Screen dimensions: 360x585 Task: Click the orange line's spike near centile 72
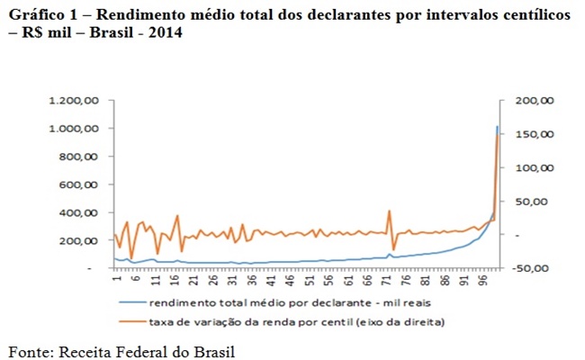[389, 211]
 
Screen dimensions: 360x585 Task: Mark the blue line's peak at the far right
[497, 127]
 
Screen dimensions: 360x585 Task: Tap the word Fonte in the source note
[31, 349]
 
